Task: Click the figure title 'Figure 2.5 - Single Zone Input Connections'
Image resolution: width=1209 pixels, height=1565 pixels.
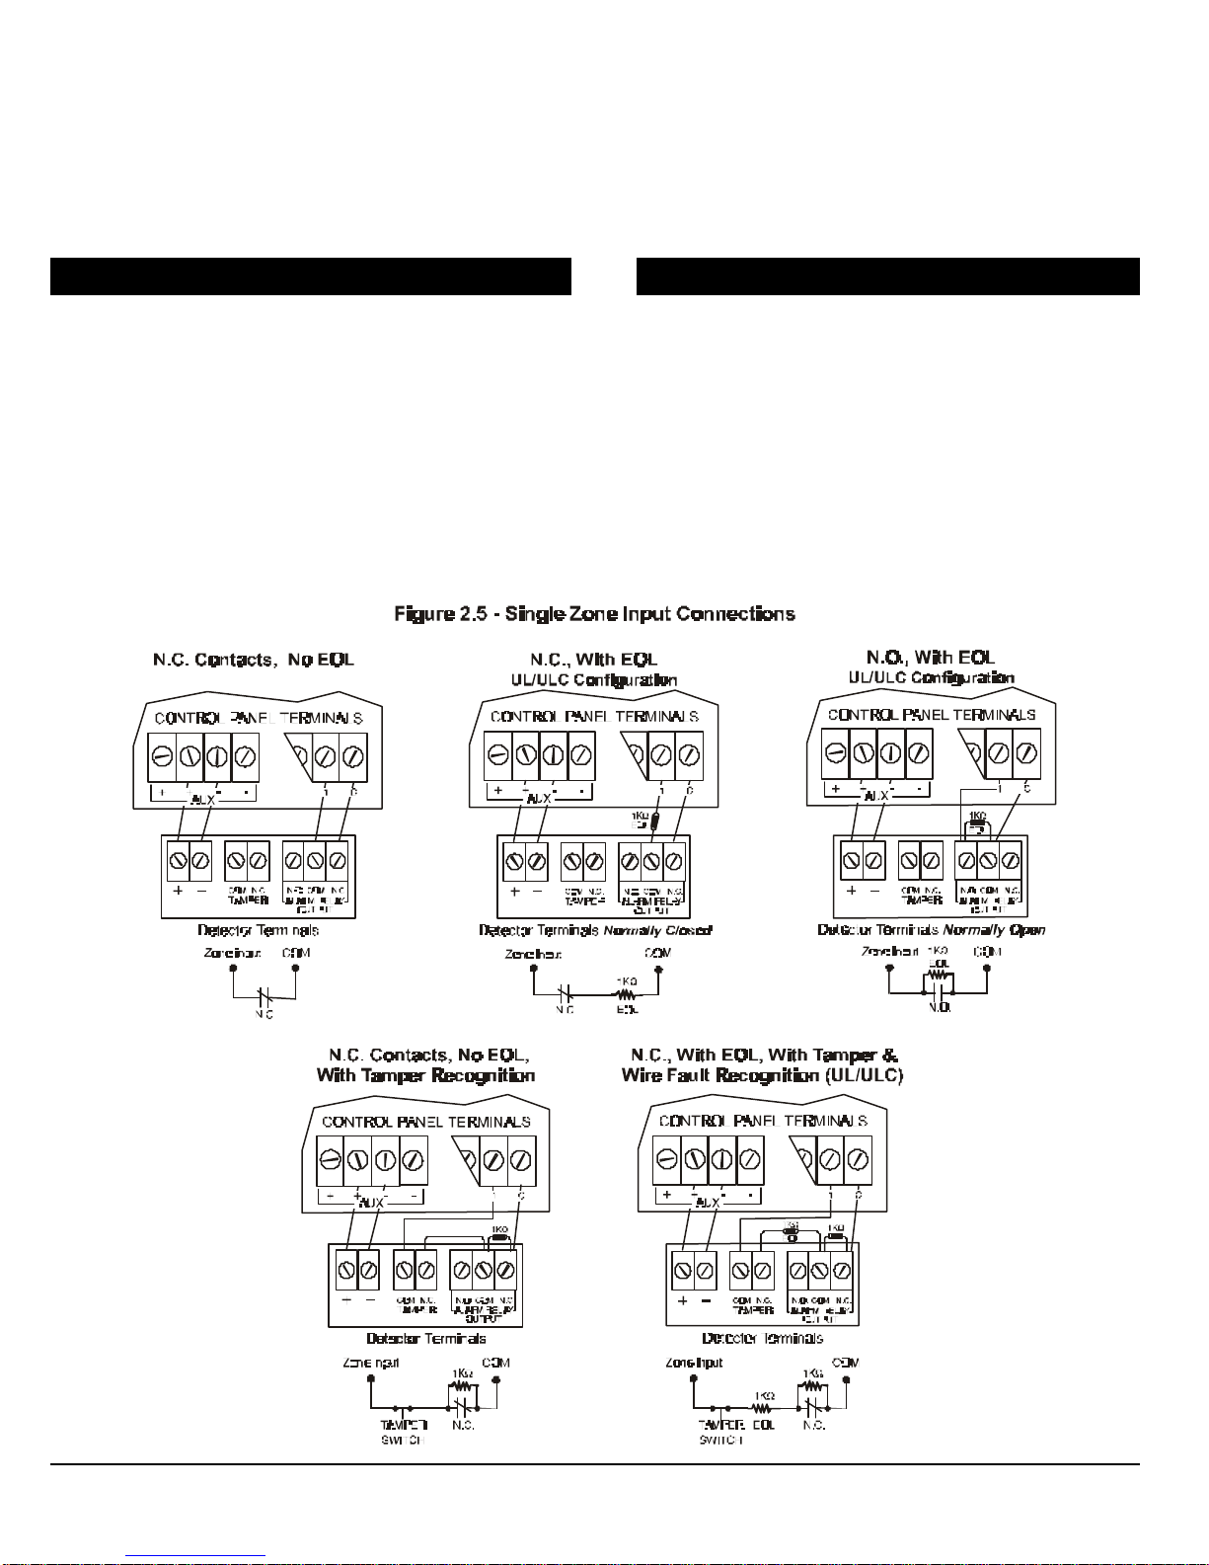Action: [x=594, y=614]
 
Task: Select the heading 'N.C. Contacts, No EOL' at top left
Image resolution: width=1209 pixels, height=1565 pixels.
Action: [x=253, y=659]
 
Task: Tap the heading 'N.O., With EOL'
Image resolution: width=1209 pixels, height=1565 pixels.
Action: [x=931, y=657]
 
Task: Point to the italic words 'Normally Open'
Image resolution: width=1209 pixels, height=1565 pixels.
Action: [x=994, y=930]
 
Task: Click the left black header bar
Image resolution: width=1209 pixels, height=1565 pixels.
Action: [x=311, y=276]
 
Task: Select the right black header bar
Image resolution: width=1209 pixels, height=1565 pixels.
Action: [x=887, y=276]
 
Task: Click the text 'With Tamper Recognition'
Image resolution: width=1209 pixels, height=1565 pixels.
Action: [x=425, y=1075]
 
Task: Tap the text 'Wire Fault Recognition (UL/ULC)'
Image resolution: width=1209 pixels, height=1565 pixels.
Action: [x=762, y=1075]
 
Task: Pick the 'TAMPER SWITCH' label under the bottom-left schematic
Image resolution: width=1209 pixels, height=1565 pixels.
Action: [x=404, y=1433]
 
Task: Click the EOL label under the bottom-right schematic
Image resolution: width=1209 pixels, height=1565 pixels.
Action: [x=763, y=1425]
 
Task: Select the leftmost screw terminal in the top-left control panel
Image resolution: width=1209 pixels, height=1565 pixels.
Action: [x=162, y=757]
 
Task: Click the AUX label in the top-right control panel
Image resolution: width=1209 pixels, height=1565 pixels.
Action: [x=876, y=796]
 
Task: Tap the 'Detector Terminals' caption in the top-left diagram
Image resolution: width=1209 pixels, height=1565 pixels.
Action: [x=258, y=930]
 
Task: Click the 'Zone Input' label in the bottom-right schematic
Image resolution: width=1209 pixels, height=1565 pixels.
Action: [x=694, y=1363]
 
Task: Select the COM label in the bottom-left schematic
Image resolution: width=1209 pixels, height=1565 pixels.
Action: [x=496, y=1363]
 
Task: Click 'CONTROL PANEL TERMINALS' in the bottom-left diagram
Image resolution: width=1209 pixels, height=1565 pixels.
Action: [x=425, y=1123]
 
